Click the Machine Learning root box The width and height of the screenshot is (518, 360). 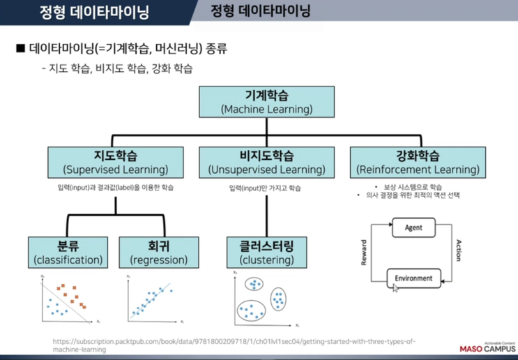(266, 102)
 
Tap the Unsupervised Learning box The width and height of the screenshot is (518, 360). (266, 162)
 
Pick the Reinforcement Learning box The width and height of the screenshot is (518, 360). (416, 162)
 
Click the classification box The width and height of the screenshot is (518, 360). (68, 253)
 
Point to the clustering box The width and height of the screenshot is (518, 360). (266, 253)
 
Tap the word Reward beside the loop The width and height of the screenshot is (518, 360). (364, 253)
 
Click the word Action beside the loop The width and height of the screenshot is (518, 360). (458, 251)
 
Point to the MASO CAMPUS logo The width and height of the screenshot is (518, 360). (485, 347)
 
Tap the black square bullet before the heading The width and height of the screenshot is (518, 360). (20, 50)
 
